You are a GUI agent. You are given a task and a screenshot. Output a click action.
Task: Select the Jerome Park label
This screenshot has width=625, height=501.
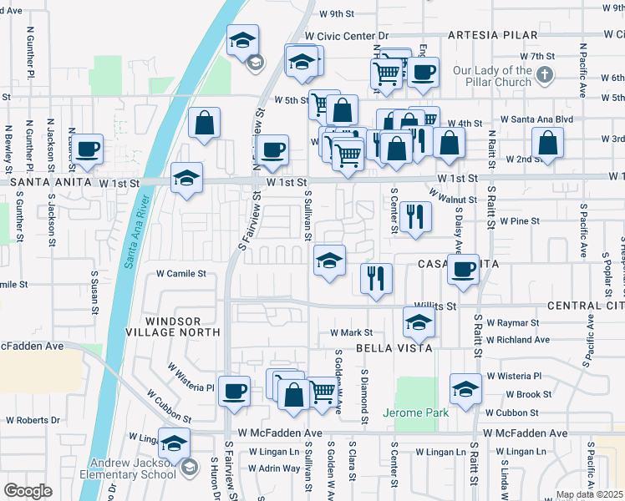(x=416, y=412)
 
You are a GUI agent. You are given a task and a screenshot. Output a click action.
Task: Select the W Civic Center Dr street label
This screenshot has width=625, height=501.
(x=347, y=37)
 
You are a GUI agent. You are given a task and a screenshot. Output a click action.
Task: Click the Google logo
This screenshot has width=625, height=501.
(x=28, y=491)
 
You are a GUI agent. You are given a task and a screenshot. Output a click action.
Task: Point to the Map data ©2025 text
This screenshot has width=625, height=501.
(x=589, y=494)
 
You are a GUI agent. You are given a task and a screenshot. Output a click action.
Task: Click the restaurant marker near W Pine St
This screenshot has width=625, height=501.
(x=415, y=216)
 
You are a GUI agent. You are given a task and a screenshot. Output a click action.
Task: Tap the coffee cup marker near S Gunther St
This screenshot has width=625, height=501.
(x=87, y=149)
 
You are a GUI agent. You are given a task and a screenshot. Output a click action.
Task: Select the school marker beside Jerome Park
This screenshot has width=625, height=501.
(x=465, y=388)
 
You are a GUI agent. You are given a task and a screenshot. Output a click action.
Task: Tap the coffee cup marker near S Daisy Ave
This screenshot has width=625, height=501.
(x=463, y=269)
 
